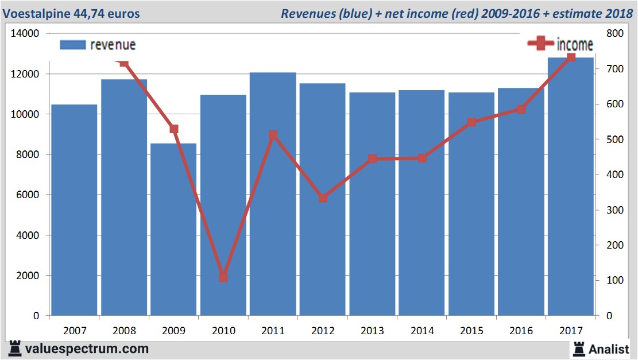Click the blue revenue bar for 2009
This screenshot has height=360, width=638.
pyautogui.click(x=173, y=230)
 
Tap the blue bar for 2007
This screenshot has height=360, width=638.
pyautogui.click(x=75, y=210)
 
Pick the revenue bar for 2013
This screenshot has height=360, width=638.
pyautogui.click(x=372, y=204)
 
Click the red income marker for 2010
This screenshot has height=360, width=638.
pyautogui.click(x=223, y=277)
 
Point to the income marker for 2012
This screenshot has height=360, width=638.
pyautogui.click(x=323, y=198)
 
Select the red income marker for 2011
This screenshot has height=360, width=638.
pyautogui.click(x=273, y=136)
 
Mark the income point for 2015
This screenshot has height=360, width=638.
pyautogui.click(x=471, y=122)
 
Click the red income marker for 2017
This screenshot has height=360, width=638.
pyautogui.click(x=571, y=57)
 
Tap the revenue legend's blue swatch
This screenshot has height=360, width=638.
pyautogui.click(x=73, y=45)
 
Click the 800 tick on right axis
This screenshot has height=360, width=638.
pyautogui.click(x=614, y=34)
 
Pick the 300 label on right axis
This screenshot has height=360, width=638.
pyautogui.click(x=614, y=210)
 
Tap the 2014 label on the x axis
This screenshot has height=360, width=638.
pyautogui.click(x=422, y=331)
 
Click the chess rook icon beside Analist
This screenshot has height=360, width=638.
pyautogui.click(x=579, y=348)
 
